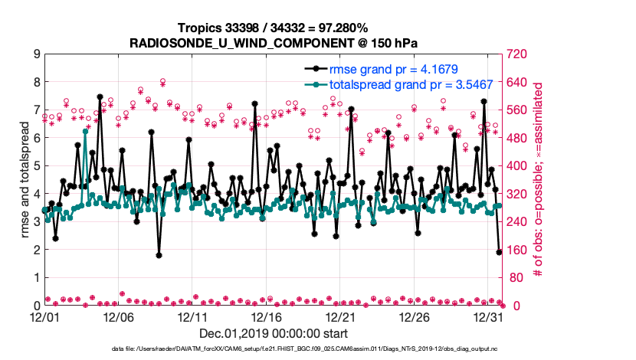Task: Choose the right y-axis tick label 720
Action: [x=516, y=54]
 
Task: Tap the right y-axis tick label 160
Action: [x=516, y=250]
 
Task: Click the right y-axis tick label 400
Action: [x=516, y=166]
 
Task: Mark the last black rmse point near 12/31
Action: [x=500, y=251]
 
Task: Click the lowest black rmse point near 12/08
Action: [x=159, y=255]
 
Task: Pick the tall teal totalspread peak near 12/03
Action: [x=85, y=132]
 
